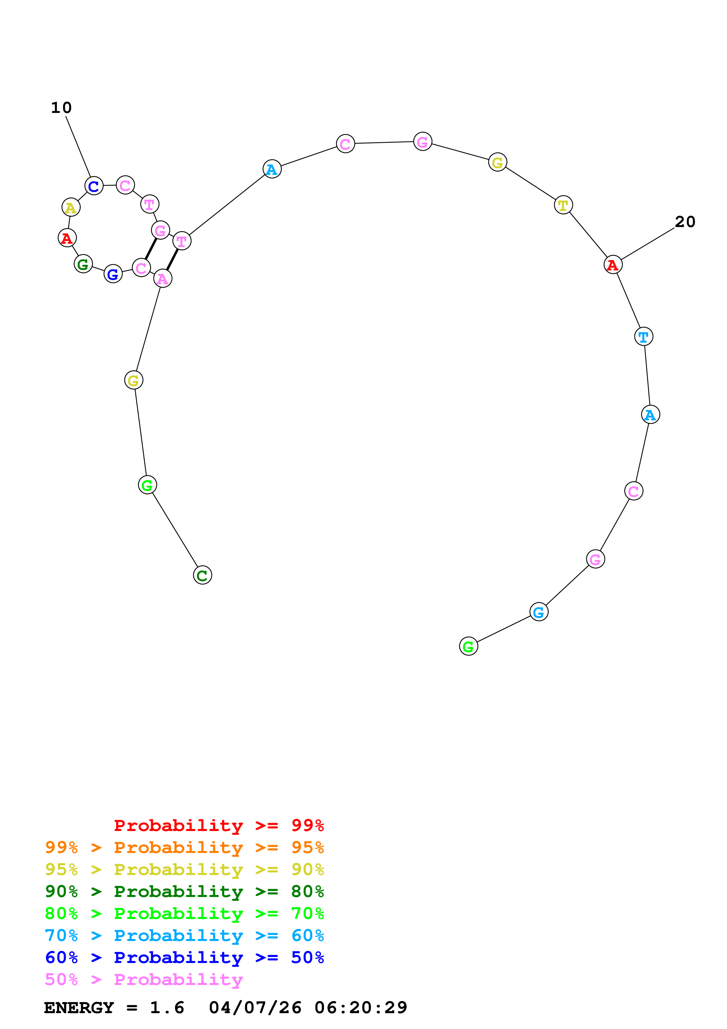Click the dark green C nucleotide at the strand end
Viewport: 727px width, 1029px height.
click(202, 575)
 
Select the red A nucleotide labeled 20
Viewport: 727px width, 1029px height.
click(613, 265)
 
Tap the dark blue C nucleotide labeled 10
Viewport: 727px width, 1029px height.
click(94, 186)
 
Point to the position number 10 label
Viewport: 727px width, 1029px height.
click(61, 108)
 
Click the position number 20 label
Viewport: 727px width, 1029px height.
click(685, 222)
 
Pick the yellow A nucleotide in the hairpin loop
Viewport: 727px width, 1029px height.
click(71, 207)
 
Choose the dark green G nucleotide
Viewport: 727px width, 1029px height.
click(83, 264)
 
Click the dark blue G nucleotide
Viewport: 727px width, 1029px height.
click(113, 274)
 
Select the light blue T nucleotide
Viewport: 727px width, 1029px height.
click(644, 336)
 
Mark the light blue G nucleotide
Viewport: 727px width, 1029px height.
click(539, 612)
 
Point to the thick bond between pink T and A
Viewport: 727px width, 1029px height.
click(172, 260)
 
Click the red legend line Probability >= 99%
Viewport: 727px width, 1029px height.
click(218, 825)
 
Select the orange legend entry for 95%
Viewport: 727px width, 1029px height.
click(184, 847)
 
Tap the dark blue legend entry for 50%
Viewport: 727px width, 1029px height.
click(184, 957)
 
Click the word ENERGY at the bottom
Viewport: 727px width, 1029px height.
click(79, 1008)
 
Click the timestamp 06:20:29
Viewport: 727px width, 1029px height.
click(361, 1008)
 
